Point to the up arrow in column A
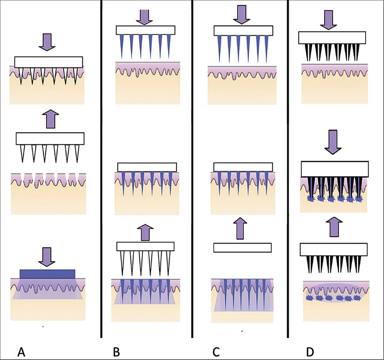pyautogui.click(x=49, y=119)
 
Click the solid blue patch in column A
pyautogui.click(x=47, y=274)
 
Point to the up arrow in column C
pyautogui.click(x=242, y=227)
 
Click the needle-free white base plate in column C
pyautogui.click(x=242, y=248)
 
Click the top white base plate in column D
pyautogui.click(x=333, y=38)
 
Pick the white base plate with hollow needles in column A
pyautogui.click(x=50, y=138)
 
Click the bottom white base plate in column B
pyautogui.click(x=145, y=246)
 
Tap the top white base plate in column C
pyautogui.click(x=242, y=31)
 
